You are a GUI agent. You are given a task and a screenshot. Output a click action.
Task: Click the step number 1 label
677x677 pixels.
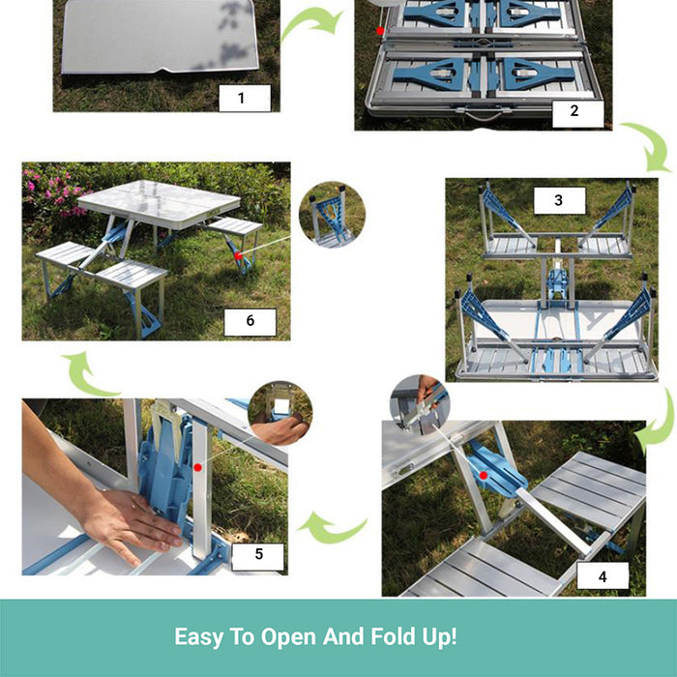[x=245, y=98]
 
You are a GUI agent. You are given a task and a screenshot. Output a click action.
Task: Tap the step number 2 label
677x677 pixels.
[x=578, y=111]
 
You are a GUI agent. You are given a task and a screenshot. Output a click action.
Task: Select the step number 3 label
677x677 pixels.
[x=560, y=200]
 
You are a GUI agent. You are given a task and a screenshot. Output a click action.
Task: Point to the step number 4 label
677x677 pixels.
[x=603, y=576]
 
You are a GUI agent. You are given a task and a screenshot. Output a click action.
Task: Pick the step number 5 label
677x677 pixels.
[x=258, y=554]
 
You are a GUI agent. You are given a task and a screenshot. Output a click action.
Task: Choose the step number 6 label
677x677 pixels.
[x=250, y=322]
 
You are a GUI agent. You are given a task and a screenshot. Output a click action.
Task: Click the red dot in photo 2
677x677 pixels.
[x=380, y=31]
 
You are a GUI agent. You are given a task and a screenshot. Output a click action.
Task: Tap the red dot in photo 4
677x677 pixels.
[x=484, y=476]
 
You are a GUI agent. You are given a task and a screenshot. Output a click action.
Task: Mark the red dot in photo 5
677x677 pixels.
[x=197, y=467]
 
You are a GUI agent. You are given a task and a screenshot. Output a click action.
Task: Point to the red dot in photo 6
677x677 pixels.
[x=238, y=256]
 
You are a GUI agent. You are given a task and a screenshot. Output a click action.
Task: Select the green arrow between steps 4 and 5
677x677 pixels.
[x=332, y=529]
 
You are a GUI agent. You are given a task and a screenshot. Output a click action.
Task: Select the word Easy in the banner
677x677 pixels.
[x=199, y=637]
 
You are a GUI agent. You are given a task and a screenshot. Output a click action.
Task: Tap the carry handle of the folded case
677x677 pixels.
[x=483, y=115]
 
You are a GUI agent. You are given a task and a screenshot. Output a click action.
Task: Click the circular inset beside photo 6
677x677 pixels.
[x=332, y=215]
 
